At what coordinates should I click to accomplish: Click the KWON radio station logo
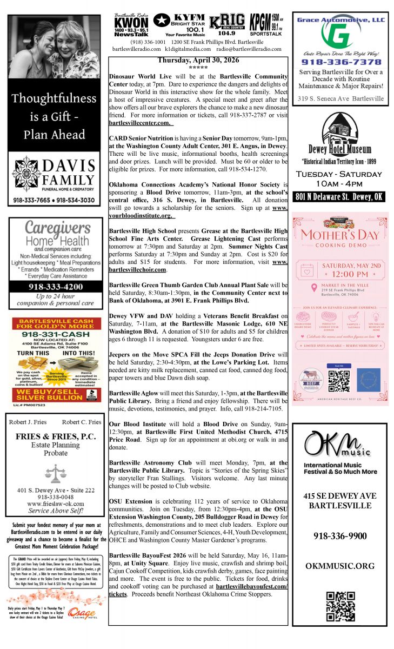coord(130,25)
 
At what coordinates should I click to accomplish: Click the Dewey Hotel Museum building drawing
coord(340,129)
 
